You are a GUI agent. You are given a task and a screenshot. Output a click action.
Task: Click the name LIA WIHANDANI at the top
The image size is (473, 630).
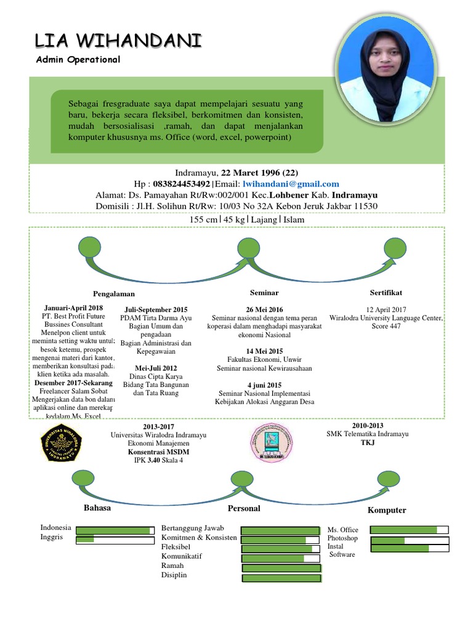(118, 41)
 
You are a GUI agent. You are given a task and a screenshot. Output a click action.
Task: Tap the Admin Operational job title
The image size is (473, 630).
(78, 60)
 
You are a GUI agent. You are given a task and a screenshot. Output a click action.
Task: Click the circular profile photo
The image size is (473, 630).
(385, 73)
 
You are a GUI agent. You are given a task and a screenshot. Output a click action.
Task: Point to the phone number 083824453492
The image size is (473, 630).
(181, 183)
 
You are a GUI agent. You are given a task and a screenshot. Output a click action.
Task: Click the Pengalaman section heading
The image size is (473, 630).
(114, 293)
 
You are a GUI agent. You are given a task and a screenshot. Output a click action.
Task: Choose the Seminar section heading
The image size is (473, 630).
(264, 292)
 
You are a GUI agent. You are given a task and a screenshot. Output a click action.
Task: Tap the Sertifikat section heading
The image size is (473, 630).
(386, 292)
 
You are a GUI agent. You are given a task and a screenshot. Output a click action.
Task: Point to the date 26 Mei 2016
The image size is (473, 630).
(264, 309)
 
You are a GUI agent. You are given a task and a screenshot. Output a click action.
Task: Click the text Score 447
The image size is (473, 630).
(386, 326)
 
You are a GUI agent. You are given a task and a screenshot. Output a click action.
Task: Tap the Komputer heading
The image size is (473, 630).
(387, 510)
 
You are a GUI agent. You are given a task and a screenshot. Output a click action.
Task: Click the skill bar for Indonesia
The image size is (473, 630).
(115, 530)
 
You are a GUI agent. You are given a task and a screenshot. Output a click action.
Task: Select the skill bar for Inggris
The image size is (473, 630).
(115, 540)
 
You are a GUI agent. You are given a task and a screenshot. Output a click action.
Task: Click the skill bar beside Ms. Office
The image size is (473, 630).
(409, 530)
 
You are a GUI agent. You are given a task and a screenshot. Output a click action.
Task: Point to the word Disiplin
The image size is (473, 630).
(174, 575)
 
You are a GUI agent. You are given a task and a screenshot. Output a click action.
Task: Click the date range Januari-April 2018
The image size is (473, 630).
(74, 307)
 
